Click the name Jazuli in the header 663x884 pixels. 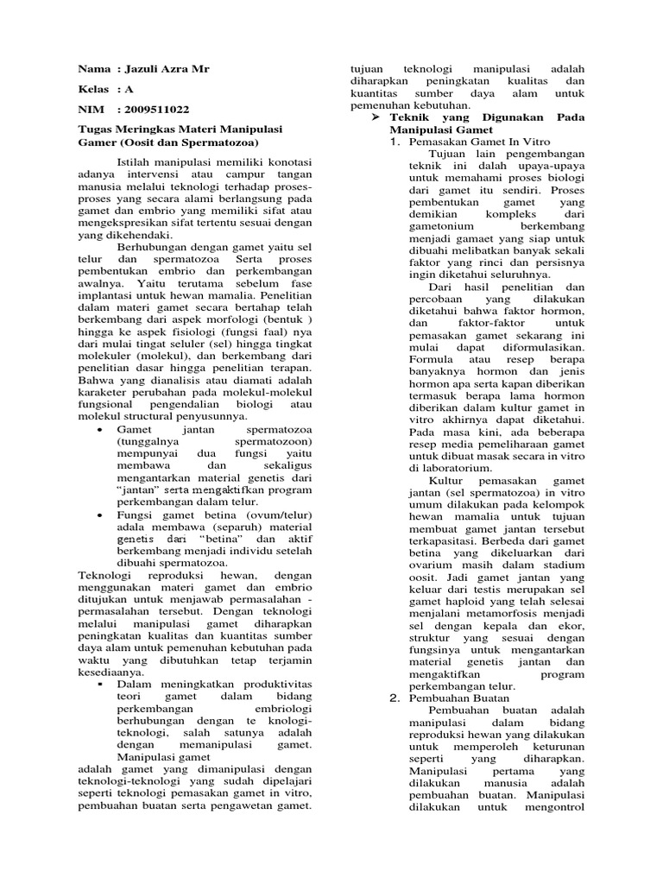click(138, 68)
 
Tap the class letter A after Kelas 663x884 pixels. click(129, 89)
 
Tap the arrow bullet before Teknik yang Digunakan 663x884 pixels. click(376, 116)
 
